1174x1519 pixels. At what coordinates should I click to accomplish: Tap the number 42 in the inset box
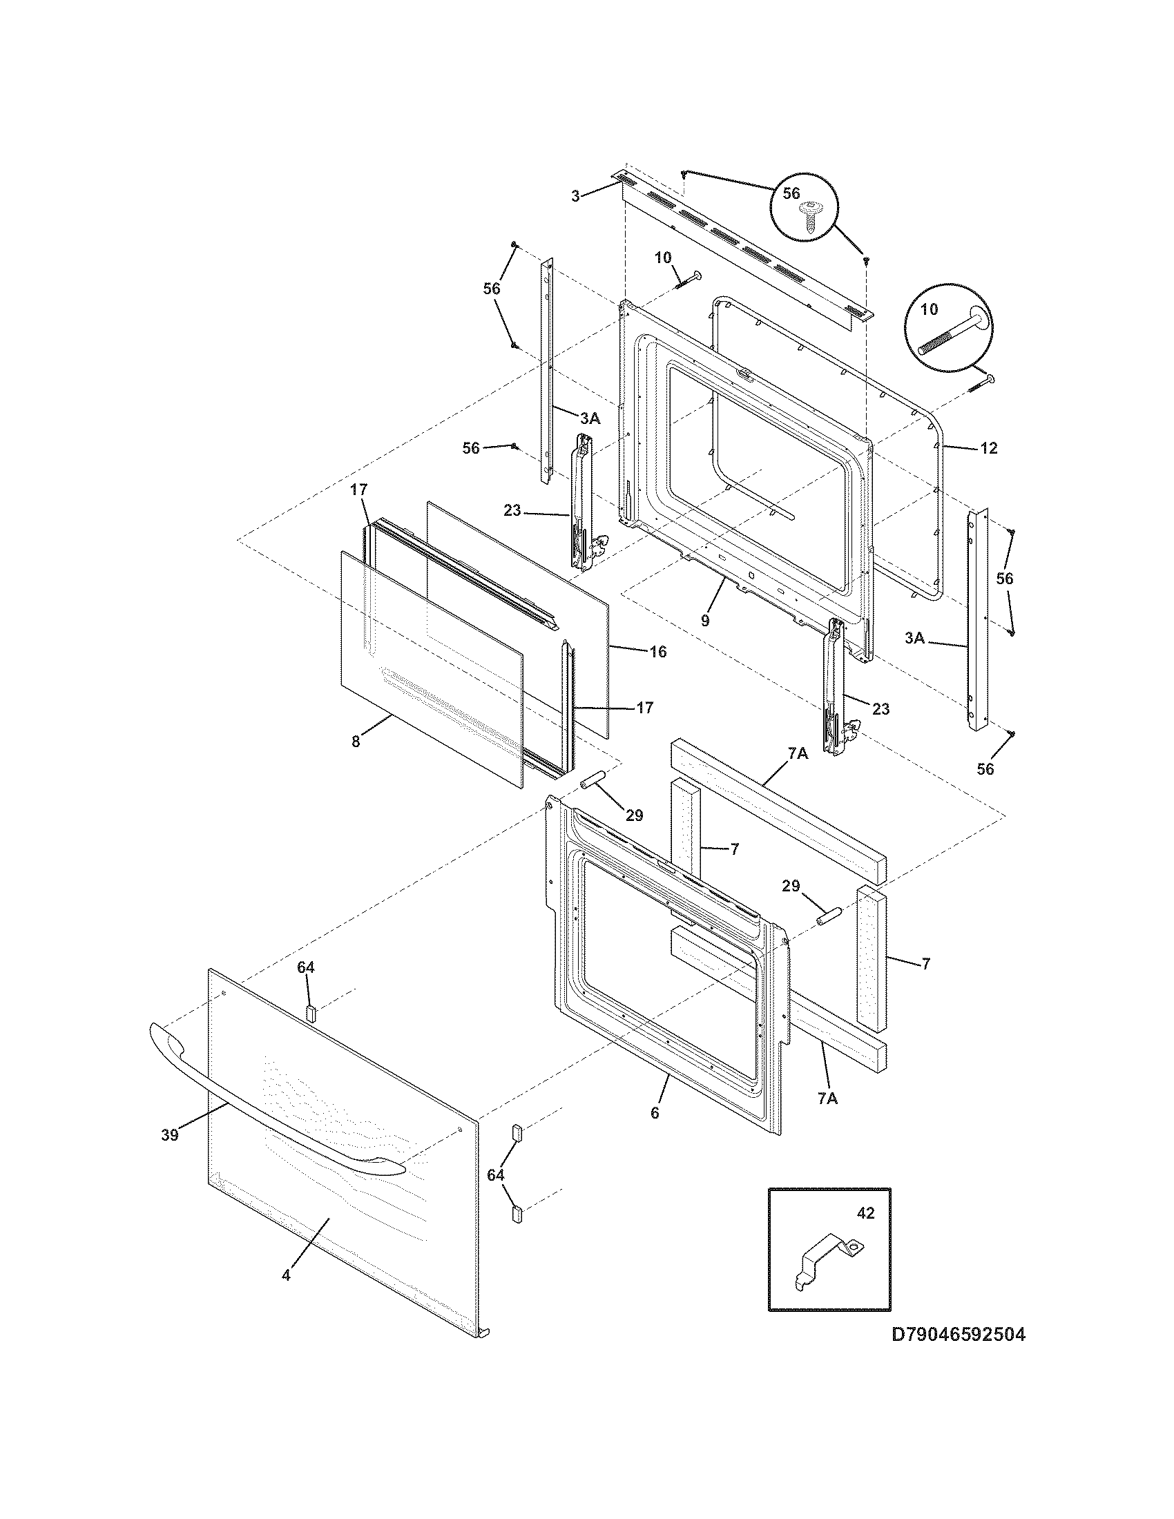[866, 1212]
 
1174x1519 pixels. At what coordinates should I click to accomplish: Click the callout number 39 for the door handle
[170, 1134]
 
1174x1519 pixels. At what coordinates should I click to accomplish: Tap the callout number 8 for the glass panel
[356, 742]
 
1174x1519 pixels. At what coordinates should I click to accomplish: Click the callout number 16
[657, 651]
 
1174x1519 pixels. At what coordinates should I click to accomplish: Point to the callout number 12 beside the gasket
[988, 448]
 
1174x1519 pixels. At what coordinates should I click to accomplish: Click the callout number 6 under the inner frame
[655, 1112]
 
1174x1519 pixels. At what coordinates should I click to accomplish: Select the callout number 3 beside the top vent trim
[575, 196]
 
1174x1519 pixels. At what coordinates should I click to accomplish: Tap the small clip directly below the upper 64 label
[311, 1012]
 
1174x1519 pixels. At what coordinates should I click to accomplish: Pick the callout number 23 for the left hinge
[512, 510]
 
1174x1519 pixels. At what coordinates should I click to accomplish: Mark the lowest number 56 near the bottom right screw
[985, 768]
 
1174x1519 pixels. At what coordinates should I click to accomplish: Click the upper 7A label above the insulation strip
[798, 753]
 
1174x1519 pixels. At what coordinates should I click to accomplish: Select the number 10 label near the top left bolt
[662, 258]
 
